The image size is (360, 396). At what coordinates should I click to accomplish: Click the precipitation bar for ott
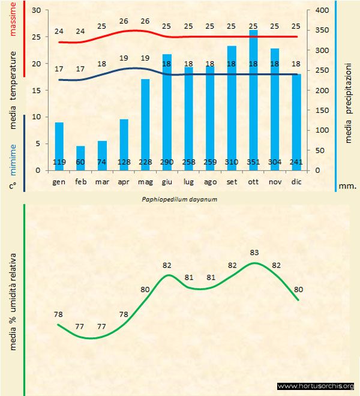coord(253,96)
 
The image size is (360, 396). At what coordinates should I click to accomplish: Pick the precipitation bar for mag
coord(145,120)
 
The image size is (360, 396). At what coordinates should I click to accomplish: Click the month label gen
coord(59,181)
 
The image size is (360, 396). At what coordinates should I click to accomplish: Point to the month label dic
coord(296,181)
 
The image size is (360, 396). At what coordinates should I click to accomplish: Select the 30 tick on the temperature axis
coord(35,11)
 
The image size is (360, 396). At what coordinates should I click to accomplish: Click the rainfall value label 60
coord(81,162)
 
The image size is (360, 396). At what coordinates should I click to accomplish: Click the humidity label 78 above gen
coord(58,314)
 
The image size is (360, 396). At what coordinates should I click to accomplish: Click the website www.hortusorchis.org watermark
coord(316,386)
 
